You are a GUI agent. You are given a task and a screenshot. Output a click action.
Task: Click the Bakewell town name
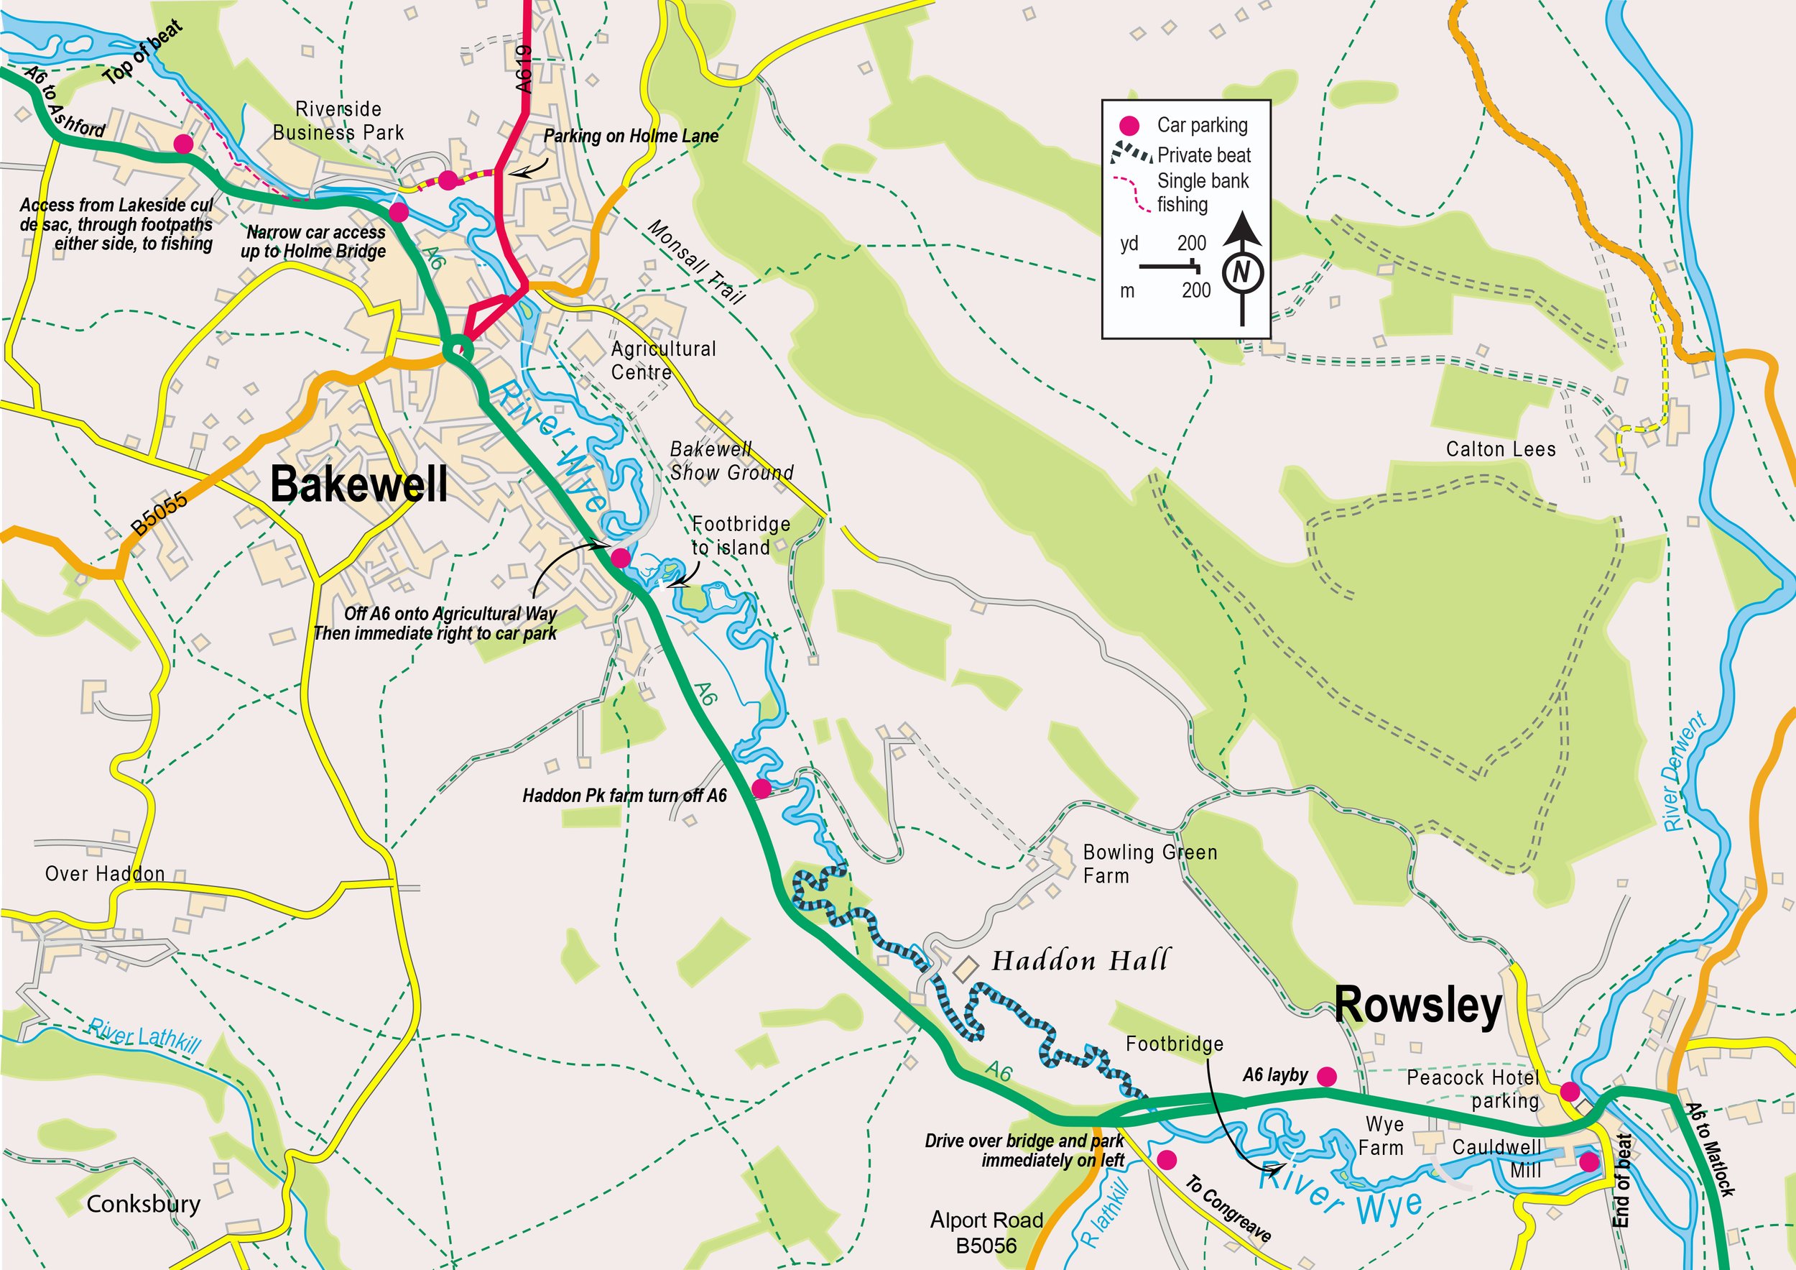pyautogui.click(x=359, y=484)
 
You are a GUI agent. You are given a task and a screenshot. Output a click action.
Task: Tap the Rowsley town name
pyautogui.click(x=1417, y=1005)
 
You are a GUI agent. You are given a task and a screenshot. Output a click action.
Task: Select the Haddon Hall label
pyautogui.click(x=1080, y=960)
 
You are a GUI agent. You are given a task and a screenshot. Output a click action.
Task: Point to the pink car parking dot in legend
pyautogui.click(x=1129, y=125)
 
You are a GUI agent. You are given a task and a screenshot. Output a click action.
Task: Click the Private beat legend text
pyautogui.click(x=1204, y=155)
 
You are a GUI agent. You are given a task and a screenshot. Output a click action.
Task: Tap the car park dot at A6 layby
pyautogui.click(x=1327, y=1077)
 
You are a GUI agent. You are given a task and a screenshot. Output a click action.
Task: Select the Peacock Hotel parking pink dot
pyautogui.click(x=1569, y=1092)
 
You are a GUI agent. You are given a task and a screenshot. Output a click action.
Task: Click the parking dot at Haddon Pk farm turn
pyautogui.click(x=761, y=788)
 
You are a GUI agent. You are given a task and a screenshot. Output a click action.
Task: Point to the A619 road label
pyautogui.click(x=525, y=69)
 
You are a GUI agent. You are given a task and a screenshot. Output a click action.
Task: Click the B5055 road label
pyautogui.click(x=159, y=513)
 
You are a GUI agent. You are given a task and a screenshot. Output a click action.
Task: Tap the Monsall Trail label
pyautogui.click(x=696, y=262)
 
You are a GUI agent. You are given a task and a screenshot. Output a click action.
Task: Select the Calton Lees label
pyautogui.click(x=1500, y=449)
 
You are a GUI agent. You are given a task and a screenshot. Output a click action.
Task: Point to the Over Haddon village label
pyautogui.click(x=105, y=874)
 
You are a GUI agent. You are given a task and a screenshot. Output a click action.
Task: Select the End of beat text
pyautogui.click(x=1622, y=1180)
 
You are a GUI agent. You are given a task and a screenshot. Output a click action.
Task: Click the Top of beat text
pyautogui.click(x=143, y=52)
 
